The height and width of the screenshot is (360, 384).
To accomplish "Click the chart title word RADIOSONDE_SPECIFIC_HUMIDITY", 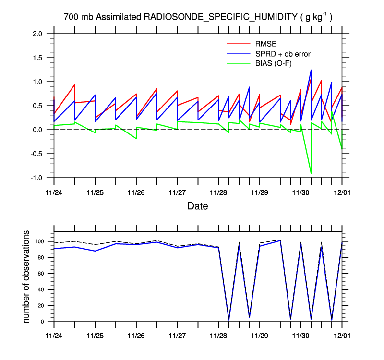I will [220, 17].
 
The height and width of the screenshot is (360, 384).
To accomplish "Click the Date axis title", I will [197, 206].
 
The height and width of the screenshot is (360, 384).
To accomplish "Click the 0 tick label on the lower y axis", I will [43, 322].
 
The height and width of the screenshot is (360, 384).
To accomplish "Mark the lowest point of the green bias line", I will [311, 173].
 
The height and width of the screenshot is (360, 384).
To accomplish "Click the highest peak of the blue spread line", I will [311, 70].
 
